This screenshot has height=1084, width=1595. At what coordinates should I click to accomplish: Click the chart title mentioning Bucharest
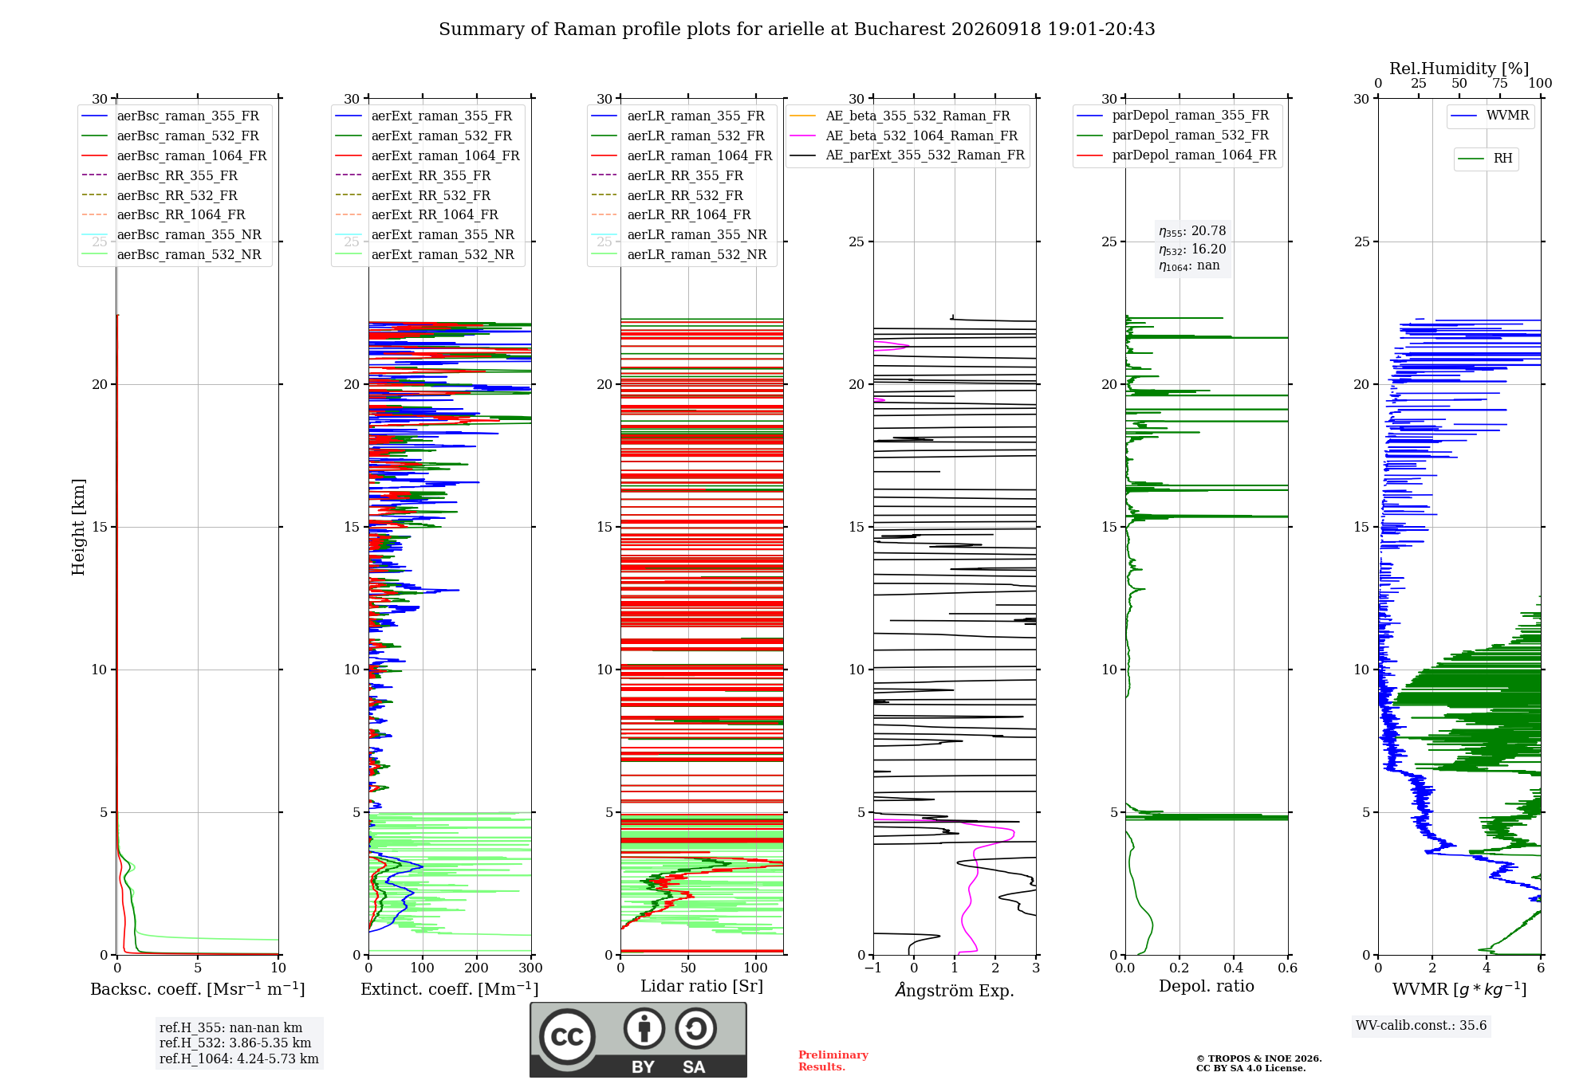point(797,29)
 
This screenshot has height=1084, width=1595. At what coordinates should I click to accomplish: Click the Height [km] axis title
point(78,527)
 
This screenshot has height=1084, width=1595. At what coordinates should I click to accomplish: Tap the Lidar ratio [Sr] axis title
point(702,986)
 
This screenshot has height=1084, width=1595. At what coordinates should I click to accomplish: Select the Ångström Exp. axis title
point(955,990)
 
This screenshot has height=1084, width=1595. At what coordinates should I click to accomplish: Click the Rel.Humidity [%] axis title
point(1459,69)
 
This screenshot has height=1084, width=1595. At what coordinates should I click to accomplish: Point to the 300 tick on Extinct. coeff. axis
point(530,968)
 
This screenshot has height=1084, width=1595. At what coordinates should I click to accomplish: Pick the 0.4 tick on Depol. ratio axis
point(1233,968)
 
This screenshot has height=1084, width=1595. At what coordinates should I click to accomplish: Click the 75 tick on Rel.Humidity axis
point(1500,83)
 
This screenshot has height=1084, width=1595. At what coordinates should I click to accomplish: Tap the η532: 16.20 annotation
point(1192,249)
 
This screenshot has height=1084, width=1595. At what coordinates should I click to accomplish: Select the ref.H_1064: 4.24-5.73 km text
point(239,1058)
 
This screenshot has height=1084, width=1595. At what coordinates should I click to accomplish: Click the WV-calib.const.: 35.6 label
point(1421,1025)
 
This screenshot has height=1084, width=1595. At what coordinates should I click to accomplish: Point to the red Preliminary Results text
point(833,1061)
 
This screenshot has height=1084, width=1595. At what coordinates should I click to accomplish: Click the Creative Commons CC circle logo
point(567,1036)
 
